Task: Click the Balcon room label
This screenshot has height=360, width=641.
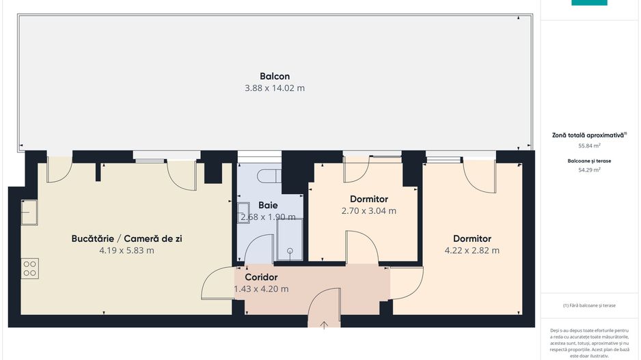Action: [274, 76]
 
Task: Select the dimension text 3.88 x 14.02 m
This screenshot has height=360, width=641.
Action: [274, 88]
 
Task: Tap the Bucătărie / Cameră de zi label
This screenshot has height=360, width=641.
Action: [126, 238]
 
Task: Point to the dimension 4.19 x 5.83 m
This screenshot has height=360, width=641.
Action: [126, 251]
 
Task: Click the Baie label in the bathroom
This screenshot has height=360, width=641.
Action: [268, 205]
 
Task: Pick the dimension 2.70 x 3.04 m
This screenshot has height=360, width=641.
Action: [368, 211]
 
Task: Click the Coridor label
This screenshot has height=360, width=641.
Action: [261, 277]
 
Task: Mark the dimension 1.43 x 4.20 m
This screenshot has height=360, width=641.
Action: [261, 289]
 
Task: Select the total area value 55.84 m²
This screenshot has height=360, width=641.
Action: [589, 146]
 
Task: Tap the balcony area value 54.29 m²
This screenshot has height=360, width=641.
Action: [589, 170]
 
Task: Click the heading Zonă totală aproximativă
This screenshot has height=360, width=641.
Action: [589, 135]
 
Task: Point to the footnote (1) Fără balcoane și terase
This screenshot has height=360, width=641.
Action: [589, 305]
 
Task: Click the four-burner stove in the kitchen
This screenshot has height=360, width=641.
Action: [29, 268]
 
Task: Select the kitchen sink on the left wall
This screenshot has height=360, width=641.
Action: [29, 212]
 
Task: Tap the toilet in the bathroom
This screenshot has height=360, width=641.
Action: [267, 176]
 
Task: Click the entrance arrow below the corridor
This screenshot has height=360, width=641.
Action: [325, 324]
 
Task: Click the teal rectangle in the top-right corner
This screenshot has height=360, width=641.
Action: [589, 3]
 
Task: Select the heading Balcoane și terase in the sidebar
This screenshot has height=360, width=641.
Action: [589, 161]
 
